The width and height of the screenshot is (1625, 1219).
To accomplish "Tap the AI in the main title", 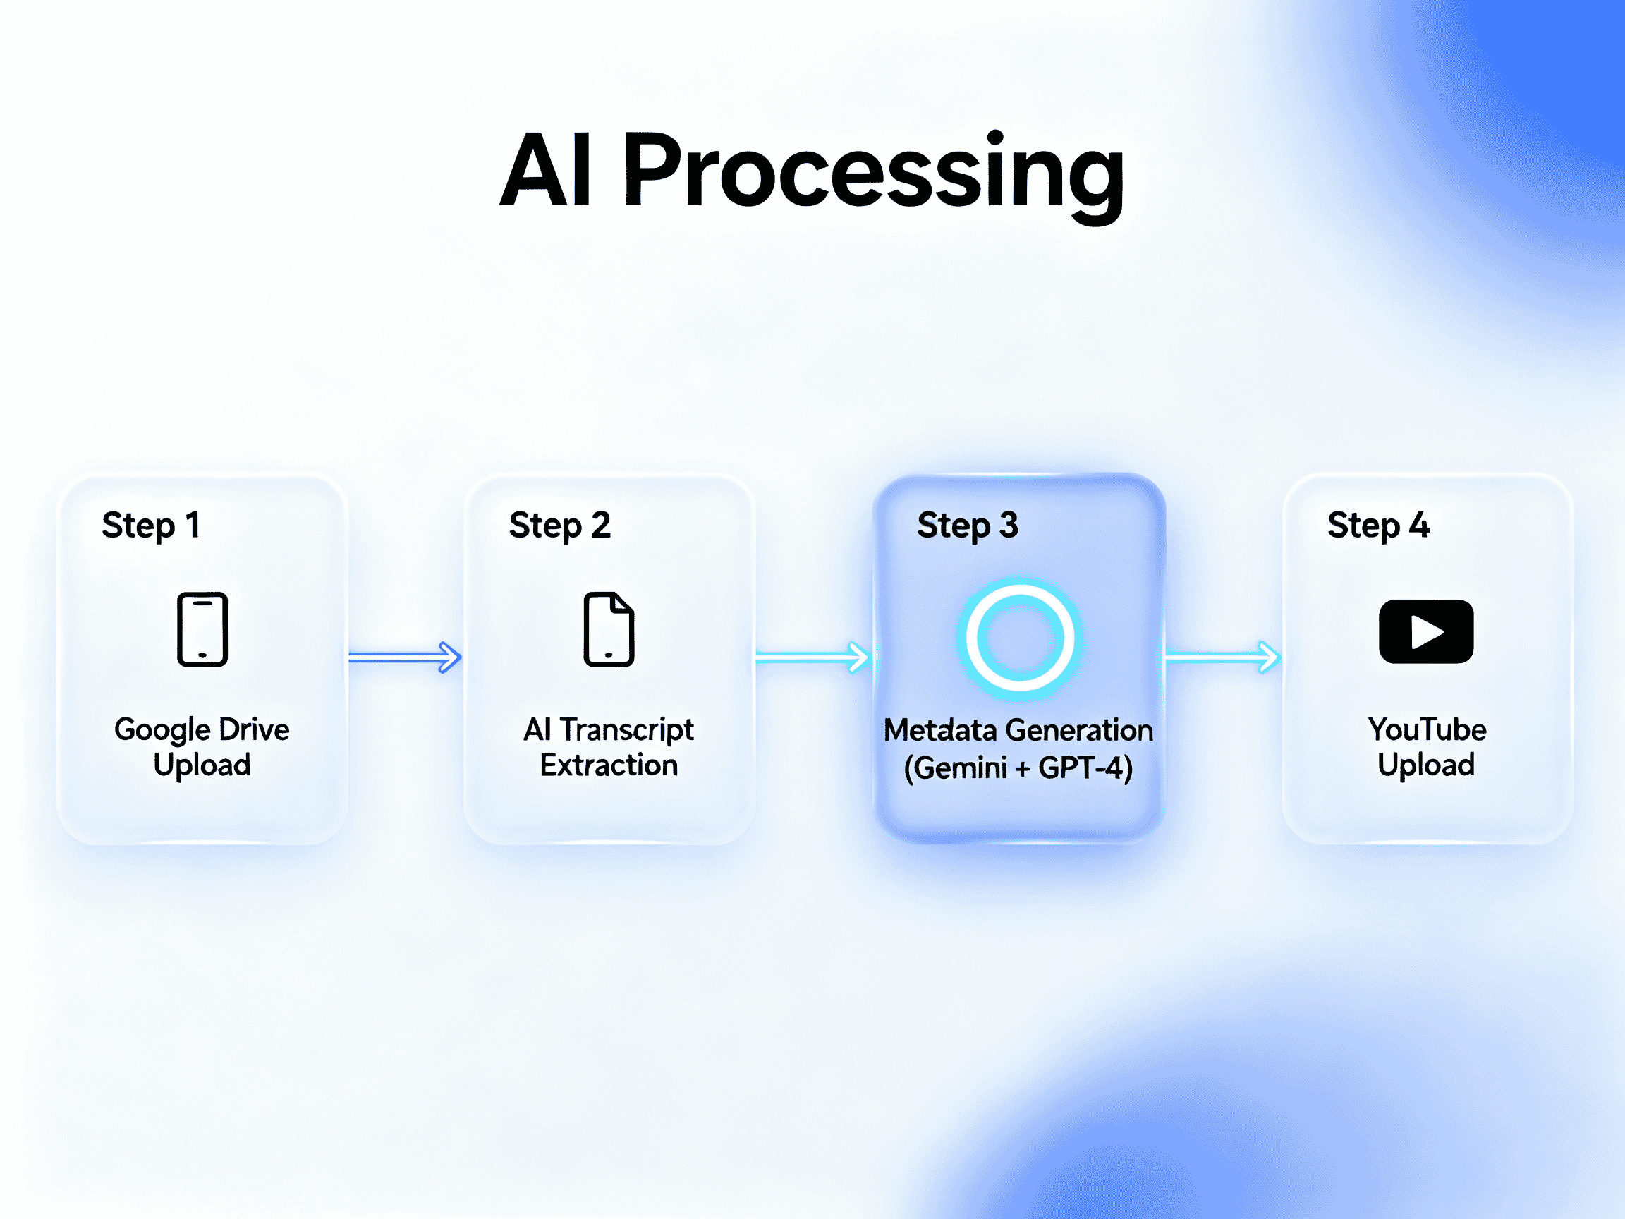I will (547, 171).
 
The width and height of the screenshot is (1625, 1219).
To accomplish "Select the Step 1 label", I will (151, 526).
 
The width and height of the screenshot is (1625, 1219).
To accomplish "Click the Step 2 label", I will (560, 526).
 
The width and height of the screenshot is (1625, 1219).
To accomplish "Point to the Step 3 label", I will (968, 526).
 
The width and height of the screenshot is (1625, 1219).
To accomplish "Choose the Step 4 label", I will (1378, 526).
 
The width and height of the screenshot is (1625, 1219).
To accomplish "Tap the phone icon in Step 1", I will (202, 629).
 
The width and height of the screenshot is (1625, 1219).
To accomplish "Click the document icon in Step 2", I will (609, 629).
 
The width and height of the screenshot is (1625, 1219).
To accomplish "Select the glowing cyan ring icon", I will (1021, 637).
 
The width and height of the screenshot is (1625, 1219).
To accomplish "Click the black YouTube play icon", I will (1426, 631).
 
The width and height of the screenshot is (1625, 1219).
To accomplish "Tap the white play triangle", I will (1428, 632).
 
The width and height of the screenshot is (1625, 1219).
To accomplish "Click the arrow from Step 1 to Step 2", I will (405, 656).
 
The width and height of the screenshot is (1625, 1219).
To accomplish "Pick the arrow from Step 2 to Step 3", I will (812, 656).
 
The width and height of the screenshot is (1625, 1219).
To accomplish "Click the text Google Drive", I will (202, 729).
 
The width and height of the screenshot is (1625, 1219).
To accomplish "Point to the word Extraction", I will (609, 765).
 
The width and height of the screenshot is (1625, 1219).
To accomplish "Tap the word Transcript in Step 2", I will (626, 729).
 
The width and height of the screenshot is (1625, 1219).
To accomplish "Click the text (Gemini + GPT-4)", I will (1018, 768).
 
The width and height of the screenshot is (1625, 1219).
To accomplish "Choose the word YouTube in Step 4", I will (1427, 729).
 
